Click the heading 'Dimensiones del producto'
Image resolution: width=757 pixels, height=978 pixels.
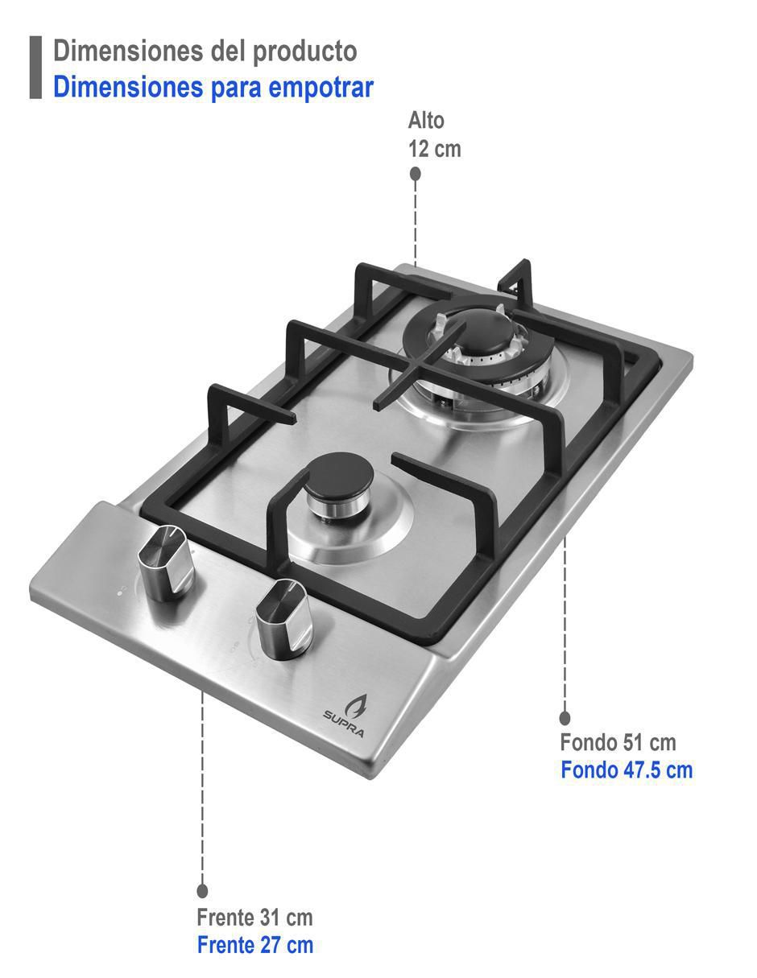coord(205,52)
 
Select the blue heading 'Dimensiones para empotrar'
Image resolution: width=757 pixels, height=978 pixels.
coord(213,87)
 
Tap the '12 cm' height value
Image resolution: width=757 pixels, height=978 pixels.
coord(435,149)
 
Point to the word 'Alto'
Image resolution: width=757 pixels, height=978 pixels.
coord(426,121)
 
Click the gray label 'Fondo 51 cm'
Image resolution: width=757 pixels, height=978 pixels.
coord(618,742)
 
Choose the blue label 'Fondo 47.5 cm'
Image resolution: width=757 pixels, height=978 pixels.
coord(627,770)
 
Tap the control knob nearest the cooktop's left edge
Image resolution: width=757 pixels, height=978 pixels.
coord(166,563)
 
